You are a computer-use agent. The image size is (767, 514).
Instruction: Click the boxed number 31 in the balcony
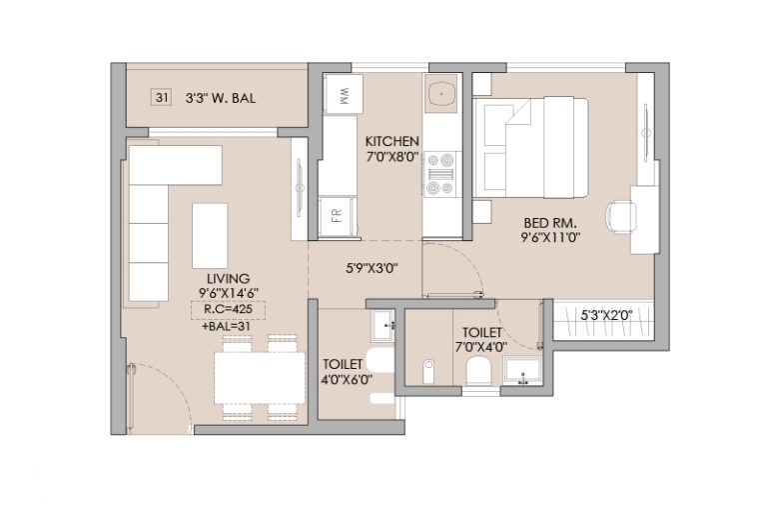click(x=162, y=98)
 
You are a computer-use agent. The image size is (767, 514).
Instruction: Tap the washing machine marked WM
click(x=344, y=94)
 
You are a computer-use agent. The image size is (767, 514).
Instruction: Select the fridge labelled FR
click(x=337, y=216)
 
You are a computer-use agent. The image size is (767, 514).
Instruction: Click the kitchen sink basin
click(x=441, y=94)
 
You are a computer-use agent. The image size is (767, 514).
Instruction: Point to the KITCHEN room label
click(x=392, y=141)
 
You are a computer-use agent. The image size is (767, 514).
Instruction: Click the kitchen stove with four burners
click(x=440, y=174)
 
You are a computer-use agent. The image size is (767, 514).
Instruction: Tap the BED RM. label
click(x=550, y=223)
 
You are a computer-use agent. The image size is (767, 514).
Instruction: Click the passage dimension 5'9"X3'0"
click(x=372, y=268)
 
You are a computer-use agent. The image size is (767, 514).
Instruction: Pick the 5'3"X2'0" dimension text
click(x=606, y=315)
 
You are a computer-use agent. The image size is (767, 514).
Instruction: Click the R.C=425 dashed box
click(x=228, y=310)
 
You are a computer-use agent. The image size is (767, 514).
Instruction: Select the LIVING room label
click(x=228, y=278)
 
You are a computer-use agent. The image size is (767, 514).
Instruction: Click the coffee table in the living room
click(x=210, y=236)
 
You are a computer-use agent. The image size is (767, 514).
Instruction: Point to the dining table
click(x=260, y=378)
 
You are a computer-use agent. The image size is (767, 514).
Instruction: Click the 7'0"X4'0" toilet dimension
click(x=481, y=347)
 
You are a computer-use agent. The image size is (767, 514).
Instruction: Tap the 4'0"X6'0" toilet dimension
click(x=347, y=379)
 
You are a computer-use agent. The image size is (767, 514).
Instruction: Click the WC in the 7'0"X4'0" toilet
click(x=478, y=371)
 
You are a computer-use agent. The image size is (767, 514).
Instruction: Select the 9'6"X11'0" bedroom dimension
click(x=550, y=238)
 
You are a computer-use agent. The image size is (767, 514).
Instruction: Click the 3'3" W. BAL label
click(x=220, y=98)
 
